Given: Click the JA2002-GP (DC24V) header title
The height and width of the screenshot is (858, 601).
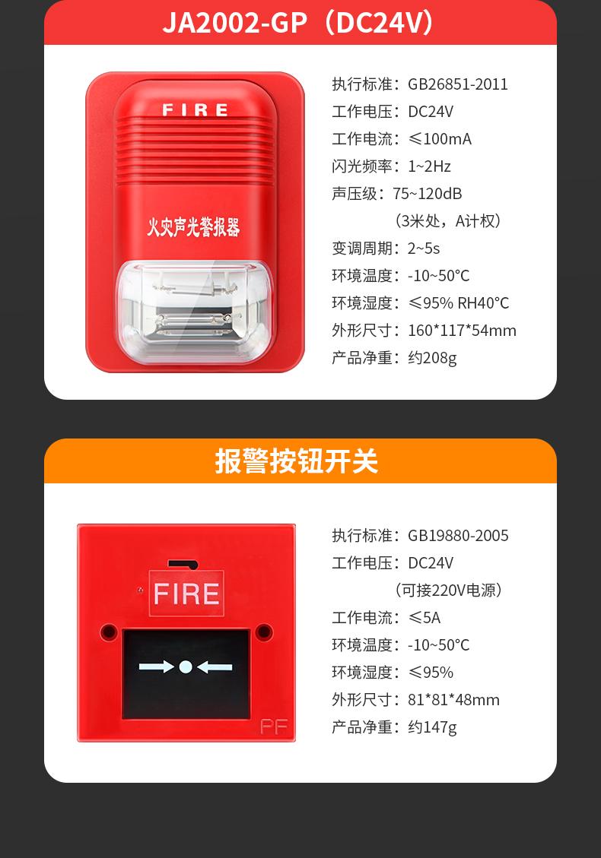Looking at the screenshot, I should coord(300,24).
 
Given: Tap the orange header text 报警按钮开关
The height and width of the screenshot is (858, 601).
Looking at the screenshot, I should coord(296,461).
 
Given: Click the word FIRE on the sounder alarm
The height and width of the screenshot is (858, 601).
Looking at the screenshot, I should coord(196,110).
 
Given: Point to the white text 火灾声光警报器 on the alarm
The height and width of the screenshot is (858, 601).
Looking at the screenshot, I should coord(193,226).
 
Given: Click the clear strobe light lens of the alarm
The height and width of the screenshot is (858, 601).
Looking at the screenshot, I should coord(193,308).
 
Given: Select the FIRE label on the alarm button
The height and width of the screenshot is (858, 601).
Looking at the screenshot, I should coord(186,594).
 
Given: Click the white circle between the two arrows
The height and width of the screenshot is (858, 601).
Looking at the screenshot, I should coord(186,667).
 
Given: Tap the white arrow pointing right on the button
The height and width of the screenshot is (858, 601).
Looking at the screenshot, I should coord(156,667).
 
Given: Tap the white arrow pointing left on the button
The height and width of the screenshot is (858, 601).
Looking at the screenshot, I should coord(215,667).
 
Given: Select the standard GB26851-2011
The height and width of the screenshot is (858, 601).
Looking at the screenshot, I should coord(458,84).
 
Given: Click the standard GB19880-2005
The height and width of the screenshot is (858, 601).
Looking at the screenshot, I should coord(458,536).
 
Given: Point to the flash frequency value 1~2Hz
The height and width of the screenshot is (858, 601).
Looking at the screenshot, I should coord(430,166).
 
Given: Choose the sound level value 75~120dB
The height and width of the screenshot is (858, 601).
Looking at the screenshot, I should coord(428,194).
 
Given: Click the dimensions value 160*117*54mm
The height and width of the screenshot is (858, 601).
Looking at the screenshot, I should coord(463,331).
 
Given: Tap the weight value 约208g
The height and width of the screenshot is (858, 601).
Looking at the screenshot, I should coord(432,358).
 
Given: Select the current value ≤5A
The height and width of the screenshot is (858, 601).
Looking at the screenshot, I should coord(425,618).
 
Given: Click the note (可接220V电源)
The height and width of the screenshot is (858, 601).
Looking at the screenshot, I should coord(448,590).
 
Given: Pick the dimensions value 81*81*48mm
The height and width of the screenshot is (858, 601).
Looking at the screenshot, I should coord(454,700).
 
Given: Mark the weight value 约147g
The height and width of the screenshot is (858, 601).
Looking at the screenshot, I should coord(432,727).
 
